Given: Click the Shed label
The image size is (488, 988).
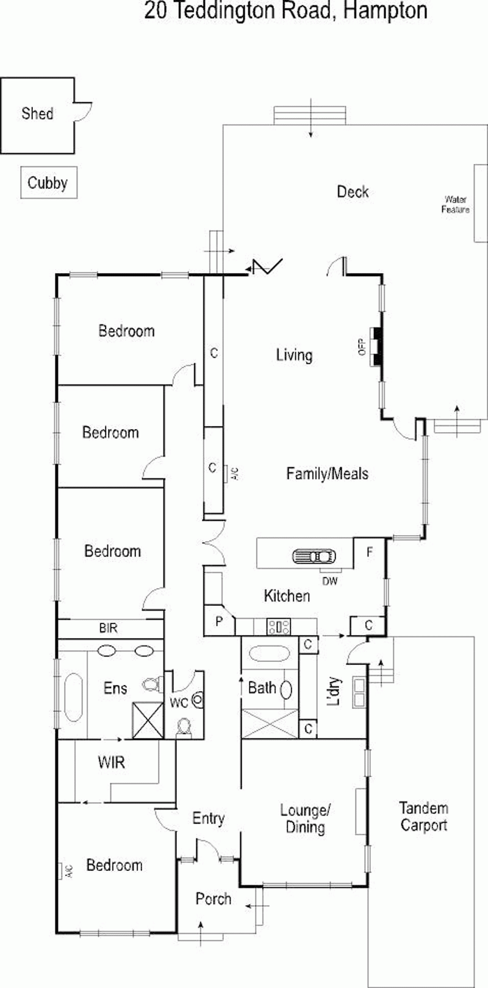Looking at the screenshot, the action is tap(38, 114).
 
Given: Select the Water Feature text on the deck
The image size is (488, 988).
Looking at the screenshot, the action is tap(455, 205).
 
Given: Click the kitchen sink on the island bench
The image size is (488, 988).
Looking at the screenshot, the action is tap(314, 556).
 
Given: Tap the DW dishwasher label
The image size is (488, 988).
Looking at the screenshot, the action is tap(330, 581).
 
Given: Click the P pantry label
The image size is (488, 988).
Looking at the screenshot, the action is tap(219, 621).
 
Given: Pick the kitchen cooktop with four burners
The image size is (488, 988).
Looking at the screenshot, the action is tap(279, 627).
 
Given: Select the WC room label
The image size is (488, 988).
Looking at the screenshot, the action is tap(179, 703).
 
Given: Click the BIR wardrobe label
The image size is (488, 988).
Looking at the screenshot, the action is tap(108, 628).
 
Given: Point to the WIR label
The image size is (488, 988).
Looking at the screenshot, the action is tap(111, 762).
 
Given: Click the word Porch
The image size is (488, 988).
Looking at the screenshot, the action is tap(213, 899).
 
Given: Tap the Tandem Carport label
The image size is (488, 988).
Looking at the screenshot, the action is tap(423, 817).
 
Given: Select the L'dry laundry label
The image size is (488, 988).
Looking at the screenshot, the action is tap(334, 691).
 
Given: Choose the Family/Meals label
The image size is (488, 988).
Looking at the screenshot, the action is tap(327, 474).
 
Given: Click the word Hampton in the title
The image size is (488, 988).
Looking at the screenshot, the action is tap(385, 10).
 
